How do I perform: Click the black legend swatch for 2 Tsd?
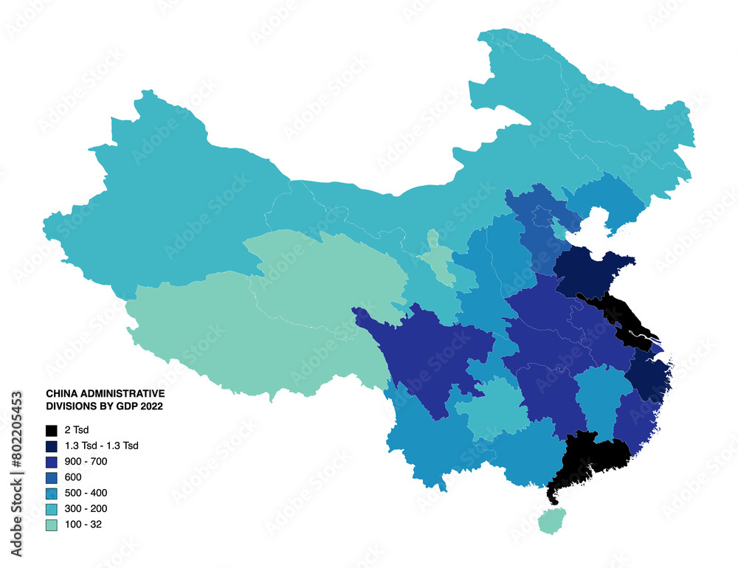pyautogui.click(x=51, y=430)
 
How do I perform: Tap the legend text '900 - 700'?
pyautogui.click(x=86, y=461)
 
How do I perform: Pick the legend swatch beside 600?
pyautogui.click(x=51, y=477)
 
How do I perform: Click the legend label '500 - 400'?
pyautogui.click(x=86, y=493)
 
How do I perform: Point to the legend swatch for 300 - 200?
pyautogui.click(x=51, y=509)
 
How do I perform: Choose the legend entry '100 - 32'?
pyautogui.click(x=83, y=524)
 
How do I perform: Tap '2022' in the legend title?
pyautogui.click(x=152, y=406)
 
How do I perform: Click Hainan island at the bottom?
pyautogui.click(x=551, y=521)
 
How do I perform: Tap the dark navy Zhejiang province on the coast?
pyautogui.click(x=648, y=376)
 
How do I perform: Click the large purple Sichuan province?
pyautogui.click(x=428, y=354)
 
